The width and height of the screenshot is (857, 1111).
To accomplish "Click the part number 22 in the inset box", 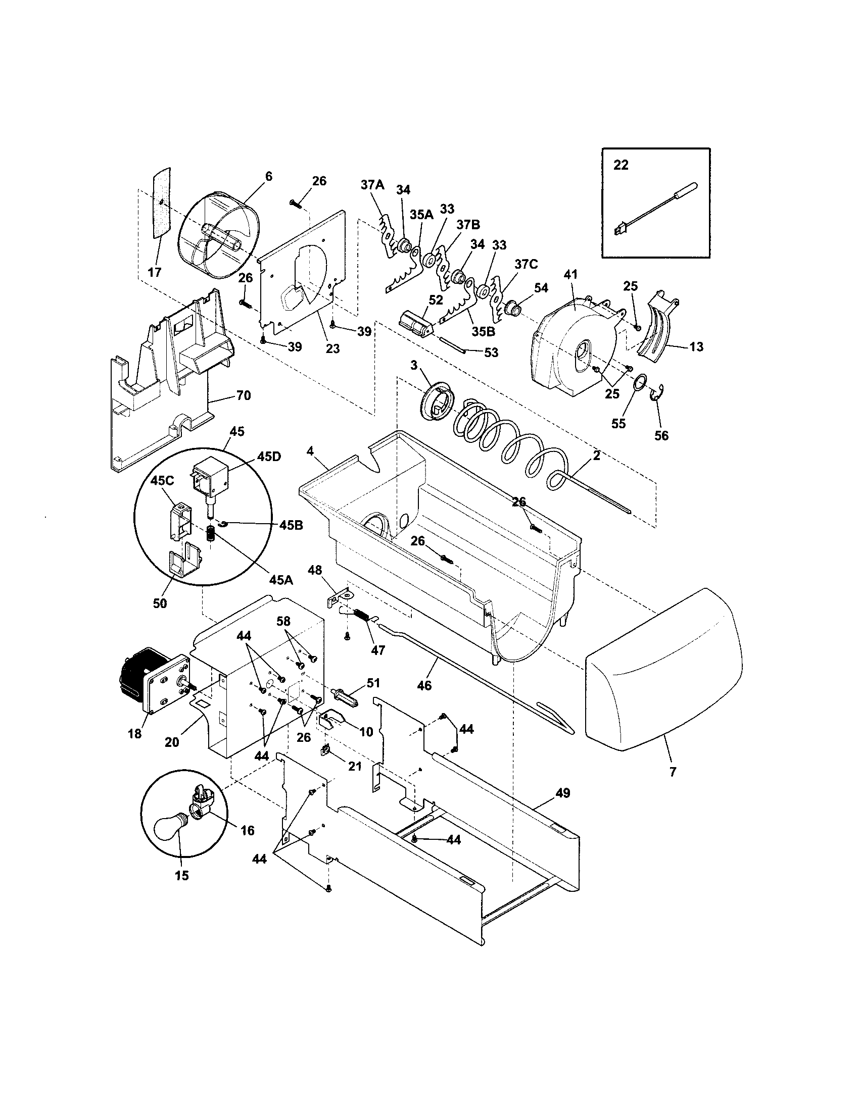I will tap(621, 165).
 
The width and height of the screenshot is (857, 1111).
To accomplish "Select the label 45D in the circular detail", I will tap(268, 457).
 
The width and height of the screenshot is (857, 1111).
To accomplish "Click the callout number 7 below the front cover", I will tap(673, 772).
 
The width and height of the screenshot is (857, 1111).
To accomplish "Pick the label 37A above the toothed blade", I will tap(372, 185).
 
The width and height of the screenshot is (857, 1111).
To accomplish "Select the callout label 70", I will tap(244, 395).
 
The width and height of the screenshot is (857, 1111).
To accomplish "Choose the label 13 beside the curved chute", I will tap(696, 346).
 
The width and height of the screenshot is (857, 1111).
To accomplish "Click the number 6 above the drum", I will tap(269, 177).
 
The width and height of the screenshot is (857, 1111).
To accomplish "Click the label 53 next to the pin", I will tap(491, 352).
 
